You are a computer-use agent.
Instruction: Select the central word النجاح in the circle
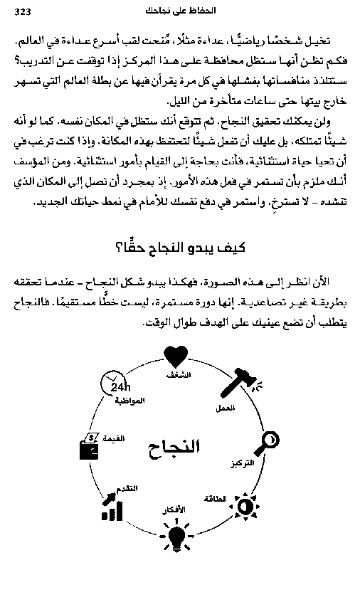174,447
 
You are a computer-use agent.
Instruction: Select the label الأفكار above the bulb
174,511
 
